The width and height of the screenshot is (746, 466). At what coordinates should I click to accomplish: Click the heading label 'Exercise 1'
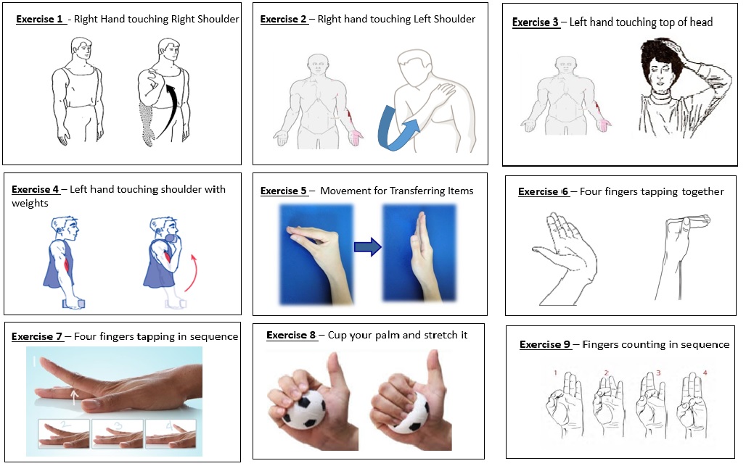click(x=40, y=19)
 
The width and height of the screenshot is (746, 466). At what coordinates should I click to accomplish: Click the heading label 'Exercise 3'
click(x=536, y=22)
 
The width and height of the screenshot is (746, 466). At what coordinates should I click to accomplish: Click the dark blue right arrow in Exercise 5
click(x=367, y=248)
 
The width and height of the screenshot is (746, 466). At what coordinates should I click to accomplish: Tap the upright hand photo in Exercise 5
click(x=419, y=254)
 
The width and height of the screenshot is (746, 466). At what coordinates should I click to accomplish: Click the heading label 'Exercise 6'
click(x=543, y=191)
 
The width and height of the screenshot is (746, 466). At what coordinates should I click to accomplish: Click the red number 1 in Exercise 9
click(x=554, y=373)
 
